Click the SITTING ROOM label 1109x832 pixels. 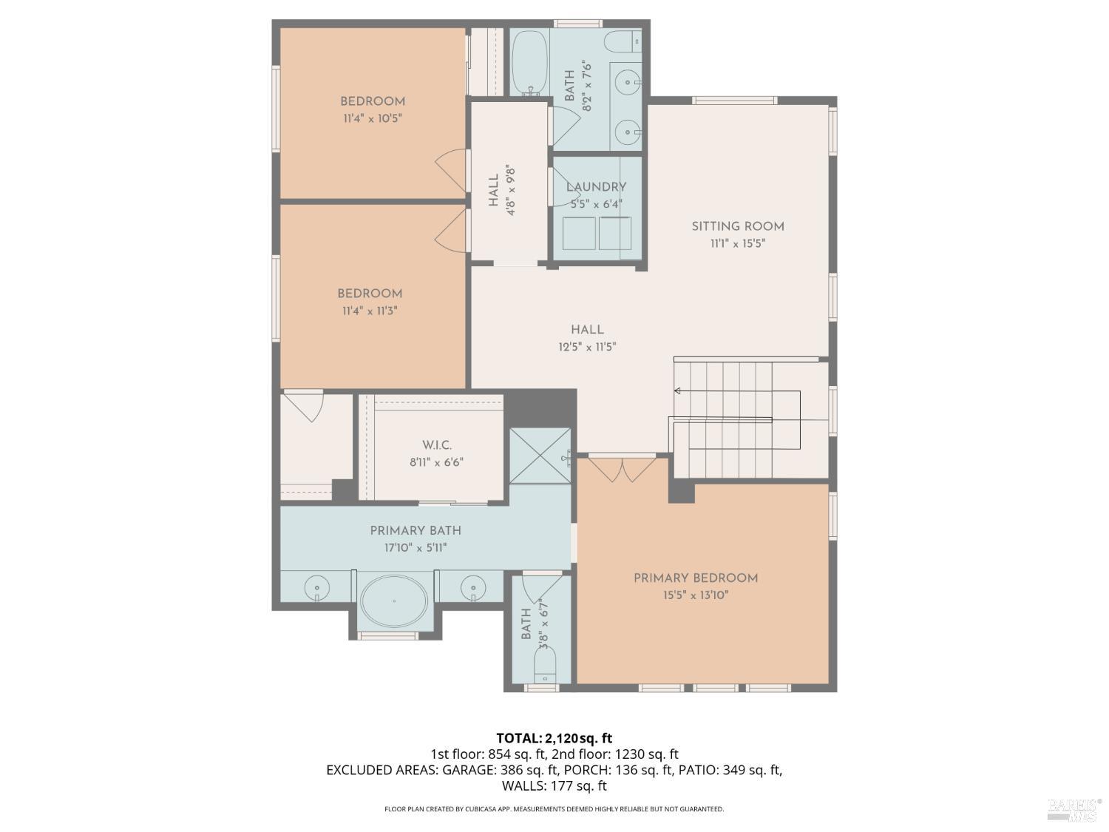point(737,226)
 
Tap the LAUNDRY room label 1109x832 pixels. point(596,187)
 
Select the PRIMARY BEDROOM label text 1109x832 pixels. point(695,578)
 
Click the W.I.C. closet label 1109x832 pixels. point(436,445)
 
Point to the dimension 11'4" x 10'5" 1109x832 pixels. point(372,118)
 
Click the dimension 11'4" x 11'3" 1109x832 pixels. point(370,311)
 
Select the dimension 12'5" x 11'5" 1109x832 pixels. point(587,347)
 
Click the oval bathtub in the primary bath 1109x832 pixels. point(393,601)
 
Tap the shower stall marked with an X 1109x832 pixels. point(540,456)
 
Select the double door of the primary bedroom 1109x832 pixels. point(623,470)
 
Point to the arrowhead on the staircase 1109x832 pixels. point(677,391)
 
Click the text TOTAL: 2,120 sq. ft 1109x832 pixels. point(554,738)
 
